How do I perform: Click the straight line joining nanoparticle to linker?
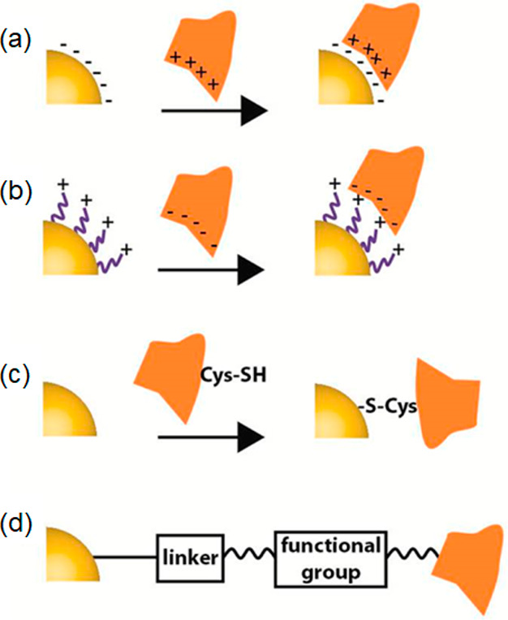(126, 558)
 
